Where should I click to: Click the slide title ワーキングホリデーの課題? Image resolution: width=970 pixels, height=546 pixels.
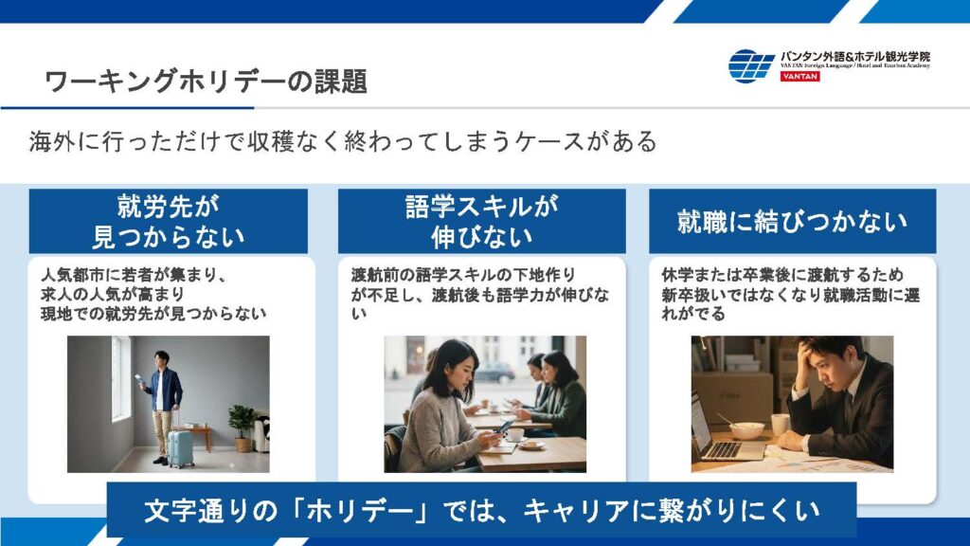tap(206, 82)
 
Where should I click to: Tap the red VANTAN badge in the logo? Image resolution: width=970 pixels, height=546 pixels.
tap(799, 76)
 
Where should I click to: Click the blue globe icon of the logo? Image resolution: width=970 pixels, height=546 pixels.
tap(751, 65)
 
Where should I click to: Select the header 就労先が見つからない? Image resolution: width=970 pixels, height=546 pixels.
tap(169, 221)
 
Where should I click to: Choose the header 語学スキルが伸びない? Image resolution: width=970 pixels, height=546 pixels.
tap(482, 221)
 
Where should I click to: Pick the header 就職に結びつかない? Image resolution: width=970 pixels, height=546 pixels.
tap(793, 221)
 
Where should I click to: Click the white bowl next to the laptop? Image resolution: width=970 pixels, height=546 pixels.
tap(746, 429)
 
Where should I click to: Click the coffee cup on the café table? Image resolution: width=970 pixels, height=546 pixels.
tap(514, 434)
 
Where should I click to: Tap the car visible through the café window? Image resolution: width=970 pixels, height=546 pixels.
tap(494, 372)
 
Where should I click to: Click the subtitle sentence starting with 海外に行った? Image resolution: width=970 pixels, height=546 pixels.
tap(343, 142)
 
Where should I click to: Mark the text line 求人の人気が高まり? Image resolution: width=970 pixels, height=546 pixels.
tap(113, 294)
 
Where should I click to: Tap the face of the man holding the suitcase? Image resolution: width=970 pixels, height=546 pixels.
tap(161, 361)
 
